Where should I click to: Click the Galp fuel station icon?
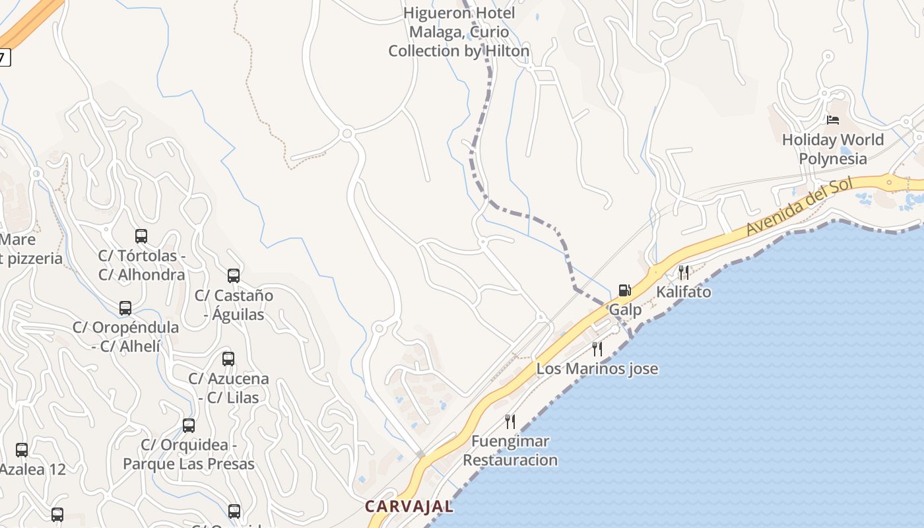point(624,290)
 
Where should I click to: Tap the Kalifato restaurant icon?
point(684,272)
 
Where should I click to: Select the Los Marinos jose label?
point(597,369)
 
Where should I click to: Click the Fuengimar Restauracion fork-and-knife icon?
point(510,421)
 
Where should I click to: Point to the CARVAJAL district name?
point(409,507)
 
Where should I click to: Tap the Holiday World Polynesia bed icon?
point(833,120)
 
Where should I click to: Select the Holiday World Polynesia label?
point(832,149)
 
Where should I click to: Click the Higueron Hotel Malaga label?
point(459,32)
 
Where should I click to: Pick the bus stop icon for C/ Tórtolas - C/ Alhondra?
point(141,236)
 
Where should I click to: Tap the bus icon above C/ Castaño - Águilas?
point(234,275)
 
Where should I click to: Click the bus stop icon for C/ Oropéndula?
point(125,308)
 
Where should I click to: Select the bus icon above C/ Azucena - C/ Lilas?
point(228,359)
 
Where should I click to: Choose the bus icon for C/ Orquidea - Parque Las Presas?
point(189,426)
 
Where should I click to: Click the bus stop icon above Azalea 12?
point(22,450)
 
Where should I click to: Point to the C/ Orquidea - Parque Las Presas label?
point(189,455)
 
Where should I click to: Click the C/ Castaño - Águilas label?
point(234,305)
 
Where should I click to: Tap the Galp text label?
point(624,310)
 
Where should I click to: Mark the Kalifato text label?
point(684,292)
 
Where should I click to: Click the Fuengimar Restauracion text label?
point(510,451)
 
